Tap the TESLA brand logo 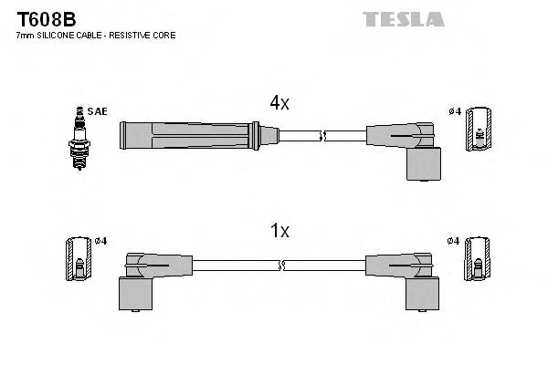click(x=403, y=18)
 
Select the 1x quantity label click(x=280, y=231)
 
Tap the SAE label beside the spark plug click(x=99, y=111)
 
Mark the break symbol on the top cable click(x=321, y=136)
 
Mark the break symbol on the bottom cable click(x=281, y=266)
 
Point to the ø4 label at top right click(x=455, y=111)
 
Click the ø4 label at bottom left click(x=100, y=241)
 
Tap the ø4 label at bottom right click(x=455, y=241)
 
